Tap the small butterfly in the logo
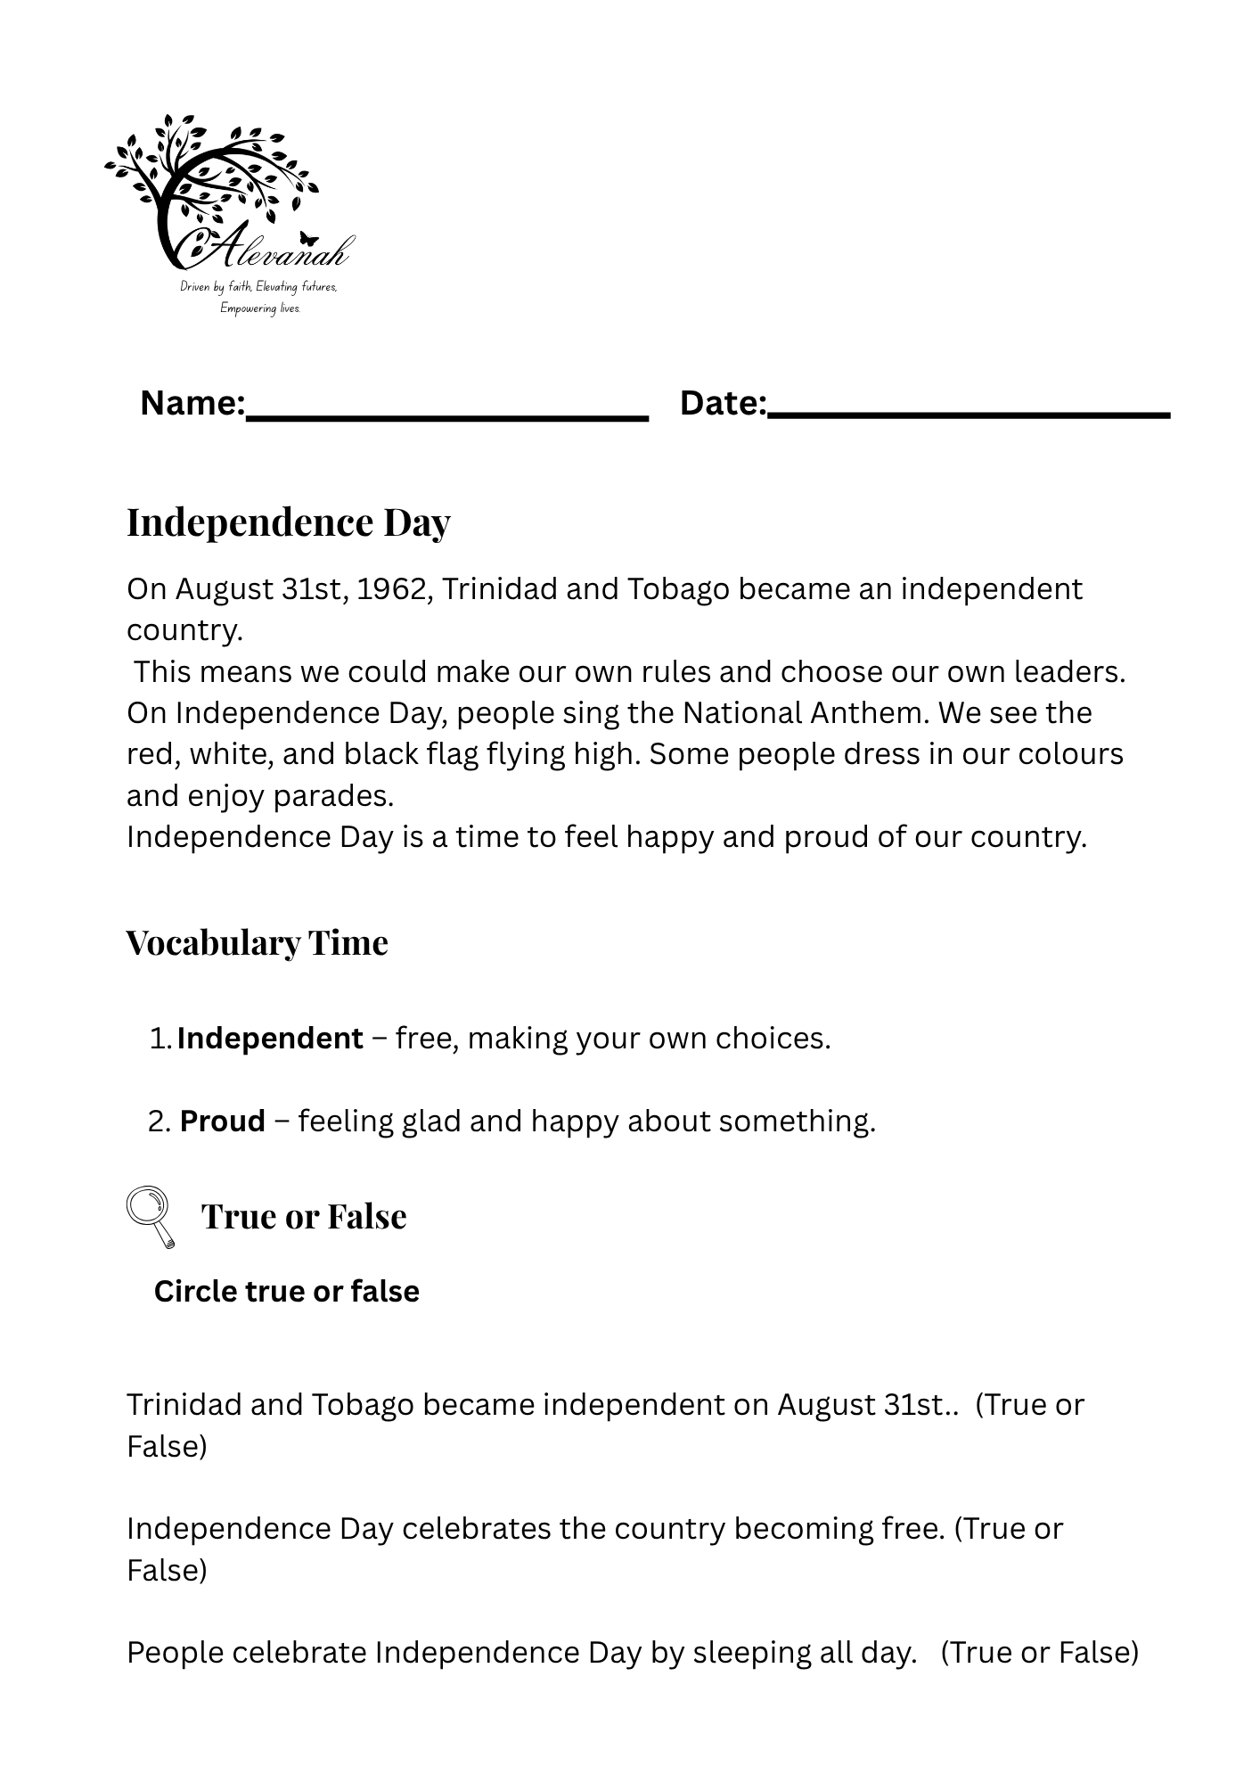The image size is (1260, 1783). point(309,239)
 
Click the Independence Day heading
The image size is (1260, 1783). point(288,522)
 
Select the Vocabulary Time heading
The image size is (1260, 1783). point(257,942)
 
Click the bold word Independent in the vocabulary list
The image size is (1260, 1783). point(270,1039)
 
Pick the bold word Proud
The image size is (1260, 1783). point(223,1121)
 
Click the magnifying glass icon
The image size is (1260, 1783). point(150,1215)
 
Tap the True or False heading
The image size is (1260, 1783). point(304,1216)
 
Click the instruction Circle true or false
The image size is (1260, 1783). point(286,1291)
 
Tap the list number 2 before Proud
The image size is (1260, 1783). point(158,1122)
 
